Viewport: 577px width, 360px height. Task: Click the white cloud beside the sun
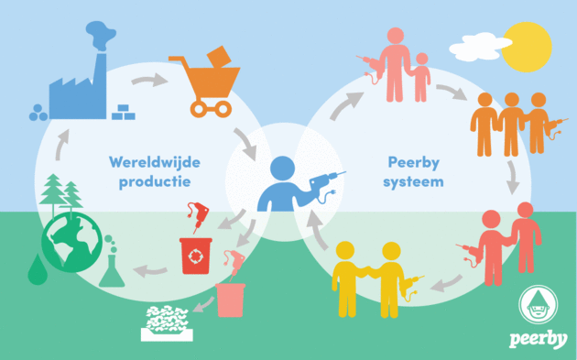pos(482,43)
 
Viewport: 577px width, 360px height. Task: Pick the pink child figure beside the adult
pos(420,78)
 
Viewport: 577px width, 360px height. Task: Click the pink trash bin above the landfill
pos(231,299)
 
